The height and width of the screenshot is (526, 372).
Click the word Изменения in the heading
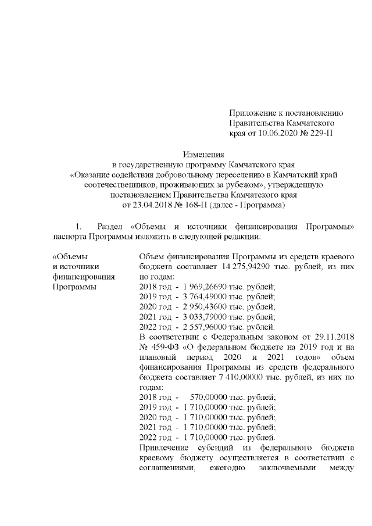pos(203,155)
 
